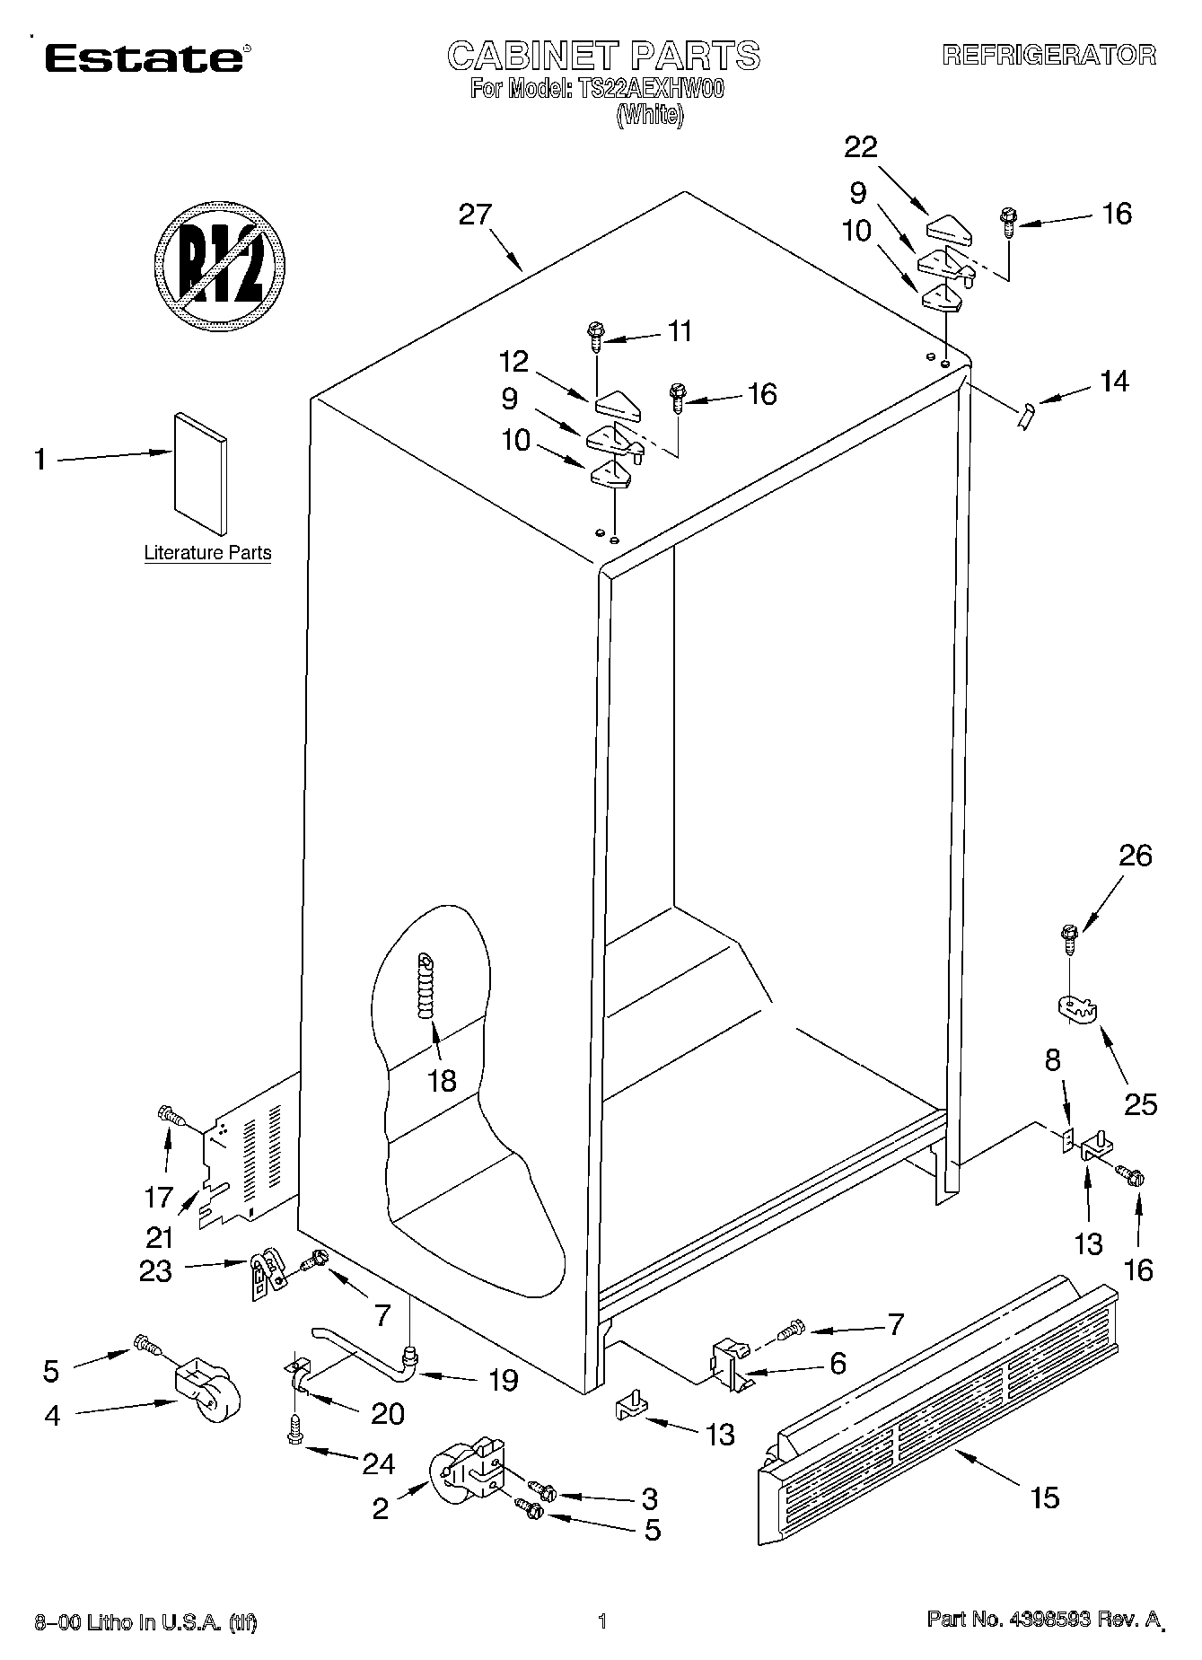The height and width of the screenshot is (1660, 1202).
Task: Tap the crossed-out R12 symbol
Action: (x=220, y=266)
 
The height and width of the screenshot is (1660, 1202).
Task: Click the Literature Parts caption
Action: (x=207, y=553)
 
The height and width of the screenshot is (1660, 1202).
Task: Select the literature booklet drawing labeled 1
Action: (x=200, y=473)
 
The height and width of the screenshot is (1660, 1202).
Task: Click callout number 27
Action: (x=475, y=215)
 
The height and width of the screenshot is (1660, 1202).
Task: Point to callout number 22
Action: (x=860, y=146)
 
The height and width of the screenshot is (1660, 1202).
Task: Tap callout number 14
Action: (x=1114, y=382)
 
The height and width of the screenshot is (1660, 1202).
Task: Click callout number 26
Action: (x=1135, y=856)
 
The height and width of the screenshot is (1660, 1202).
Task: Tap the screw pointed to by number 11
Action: (x=595, y=334)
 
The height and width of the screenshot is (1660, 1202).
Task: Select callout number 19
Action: (x=504, y=1380)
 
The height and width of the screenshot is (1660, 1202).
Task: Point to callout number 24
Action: (x=378, y=1463)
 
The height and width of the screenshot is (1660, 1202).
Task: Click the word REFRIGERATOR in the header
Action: (x=1048, y=56)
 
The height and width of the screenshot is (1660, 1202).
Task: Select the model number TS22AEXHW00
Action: (x=646, y=89)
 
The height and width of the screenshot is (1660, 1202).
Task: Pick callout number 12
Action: (x=514, y=362)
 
